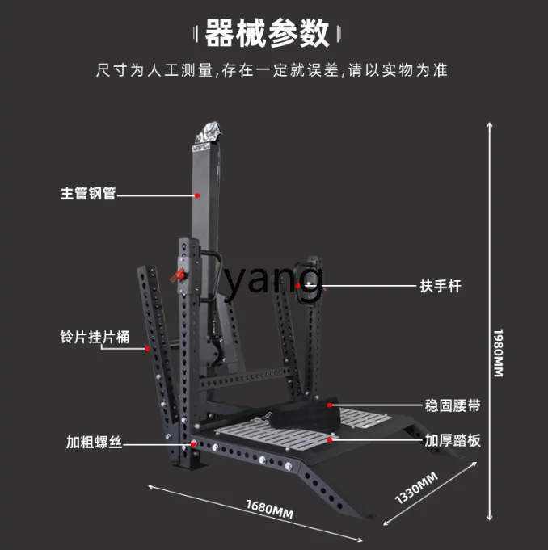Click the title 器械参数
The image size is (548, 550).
point(268,34)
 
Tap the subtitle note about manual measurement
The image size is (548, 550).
point(272,71)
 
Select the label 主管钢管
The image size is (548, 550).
point(88,194)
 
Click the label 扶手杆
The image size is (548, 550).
point(440,286)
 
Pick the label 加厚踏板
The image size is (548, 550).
point(453,440)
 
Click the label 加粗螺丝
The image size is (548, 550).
point(94,443)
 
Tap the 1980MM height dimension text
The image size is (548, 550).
point(499,351)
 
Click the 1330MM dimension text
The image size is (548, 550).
point(416,488)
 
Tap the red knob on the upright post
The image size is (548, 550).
point(179,277)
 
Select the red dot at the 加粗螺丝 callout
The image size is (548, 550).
point(194,443)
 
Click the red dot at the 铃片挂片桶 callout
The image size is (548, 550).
point(147,349)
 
